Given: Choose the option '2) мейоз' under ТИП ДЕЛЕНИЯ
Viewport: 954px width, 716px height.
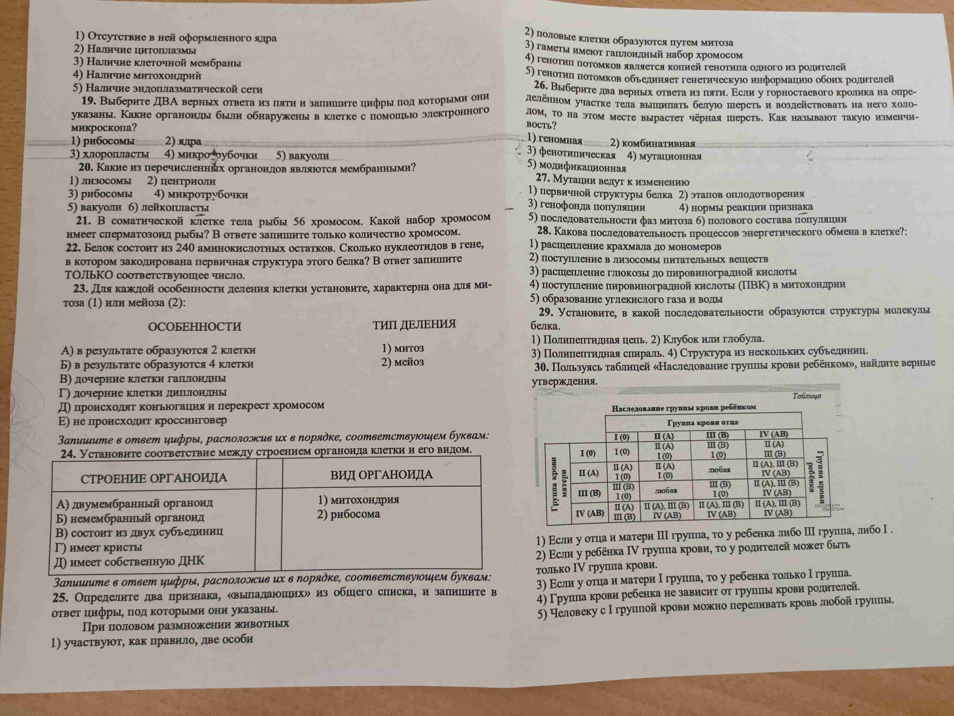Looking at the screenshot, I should pyautogui.click(x=402, y=362).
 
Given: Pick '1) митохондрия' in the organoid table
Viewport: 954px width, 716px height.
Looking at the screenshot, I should pyautogui.click(x=358, y=500).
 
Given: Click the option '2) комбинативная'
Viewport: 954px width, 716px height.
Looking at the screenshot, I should pyautogui.click(x=652, y=144).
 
